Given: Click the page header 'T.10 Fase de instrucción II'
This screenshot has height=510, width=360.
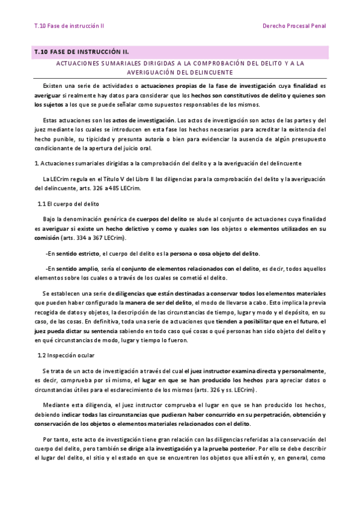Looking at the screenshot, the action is point(69,26).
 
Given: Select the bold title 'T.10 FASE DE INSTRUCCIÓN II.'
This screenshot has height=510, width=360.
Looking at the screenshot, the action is point(82,52).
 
